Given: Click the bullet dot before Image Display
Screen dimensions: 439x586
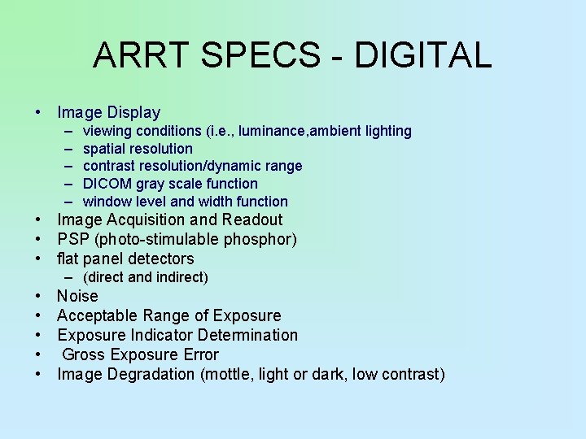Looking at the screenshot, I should point(38,113).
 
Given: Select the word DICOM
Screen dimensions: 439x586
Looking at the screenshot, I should point(107,184).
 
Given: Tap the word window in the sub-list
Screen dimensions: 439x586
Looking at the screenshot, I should point(106,202).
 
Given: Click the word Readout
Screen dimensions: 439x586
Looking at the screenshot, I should point(253,219).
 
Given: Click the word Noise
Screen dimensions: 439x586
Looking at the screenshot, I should point(77,297).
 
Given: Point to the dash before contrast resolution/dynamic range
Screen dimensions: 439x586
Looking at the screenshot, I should point(65,166).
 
